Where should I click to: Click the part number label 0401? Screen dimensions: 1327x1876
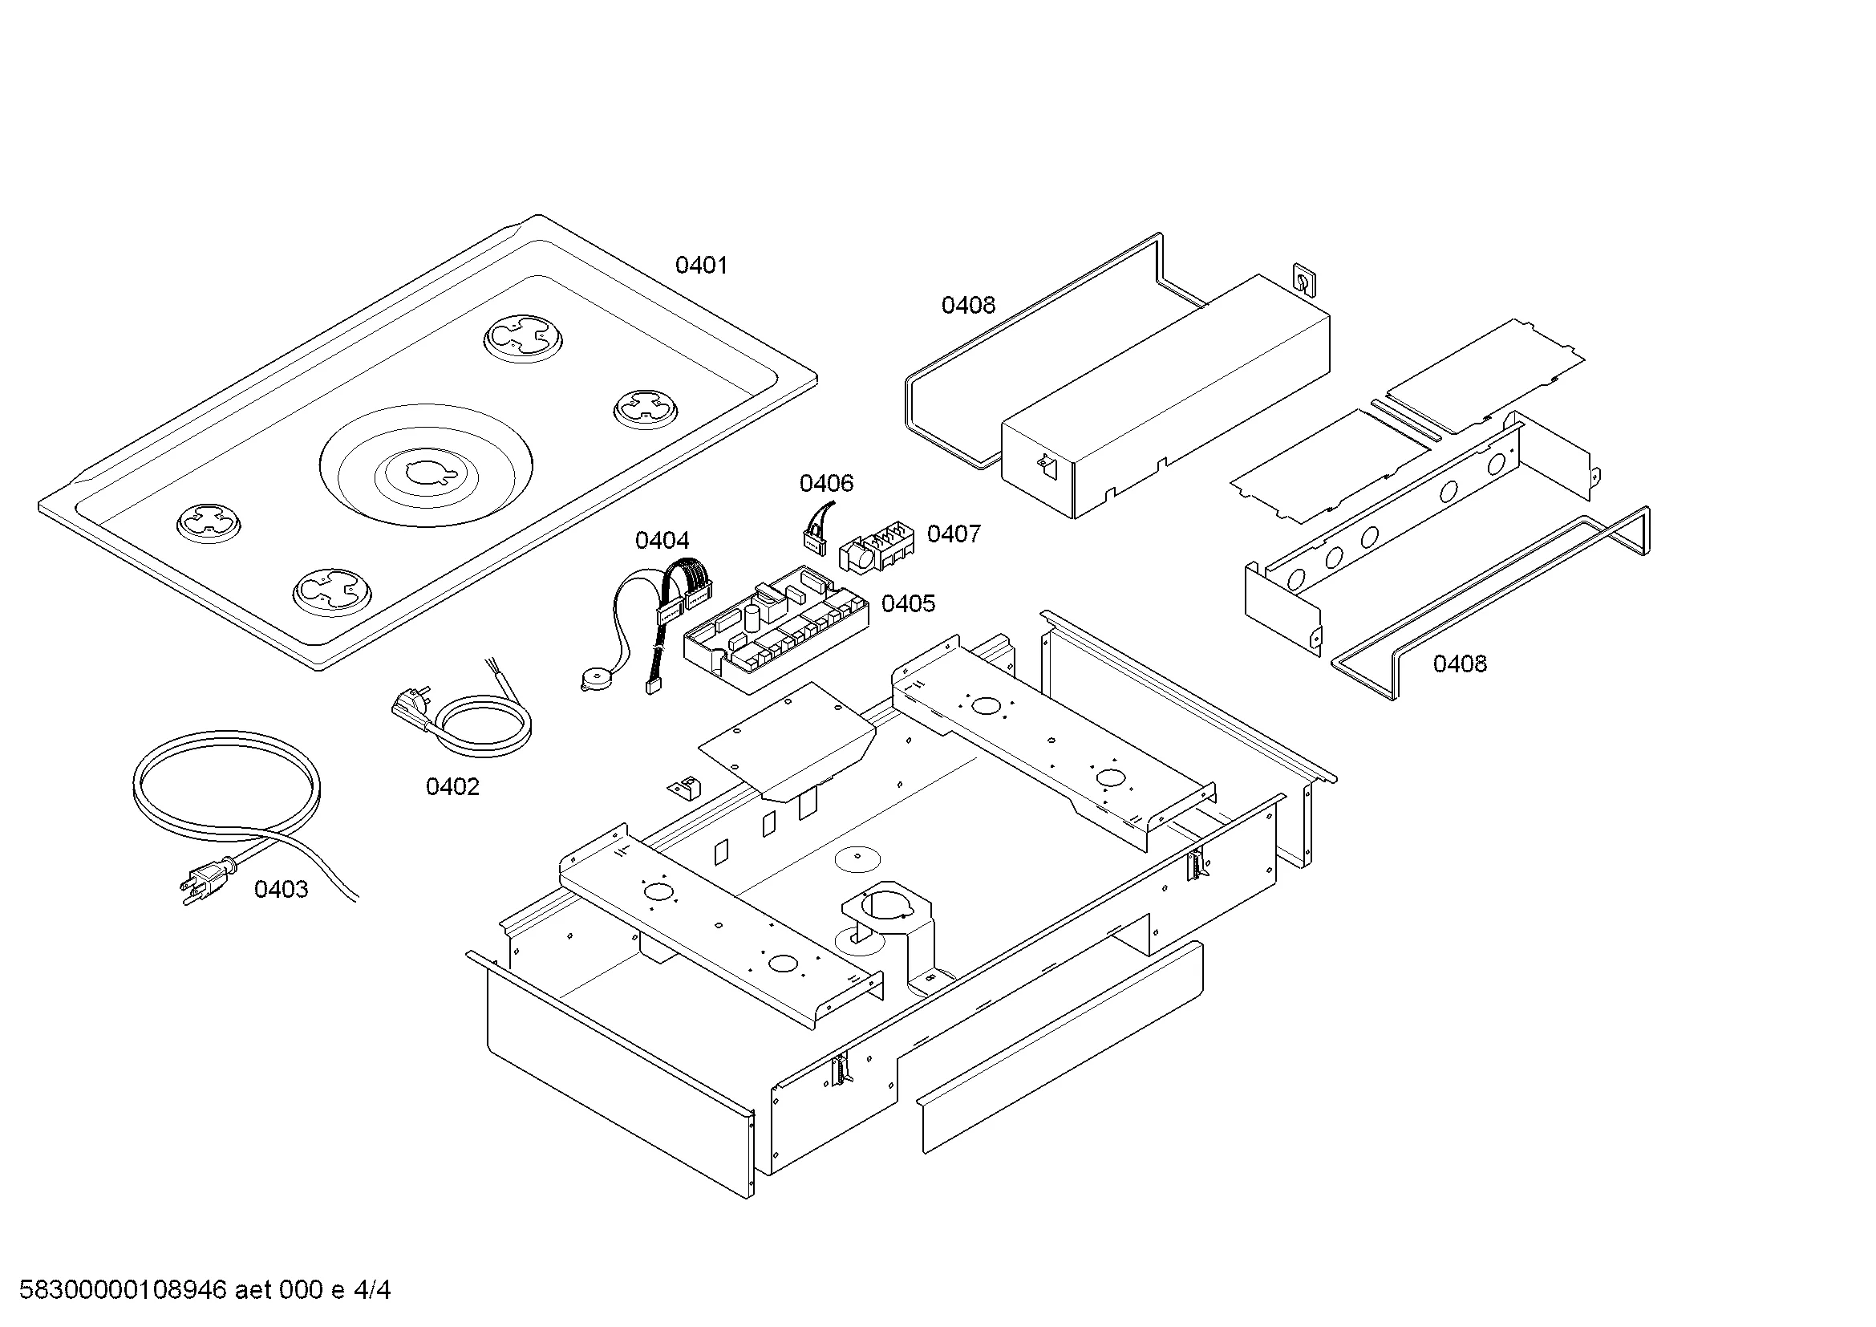click(700, 265)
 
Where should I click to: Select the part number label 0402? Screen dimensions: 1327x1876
click(452, 786)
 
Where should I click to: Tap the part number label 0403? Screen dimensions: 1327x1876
click(281, 889)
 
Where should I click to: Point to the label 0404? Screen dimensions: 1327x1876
click(662, 540)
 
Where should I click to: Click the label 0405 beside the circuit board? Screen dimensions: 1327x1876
click(908, 604)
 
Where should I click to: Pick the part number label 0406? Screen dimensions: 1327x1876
click(826, 483)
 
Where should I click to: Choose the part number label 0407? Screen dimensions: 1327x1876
click(954, 534)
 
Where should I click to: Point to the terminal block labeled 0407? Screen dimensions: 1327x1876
click(876, 550)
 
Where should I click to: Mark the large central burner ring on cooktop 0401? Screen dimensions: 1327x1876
click(426, 467)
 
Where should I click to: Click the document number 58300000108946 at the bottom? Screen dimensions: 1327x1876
click(123, 1290)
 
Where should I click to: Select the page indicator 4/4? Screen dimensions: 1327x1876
click(372, 1290)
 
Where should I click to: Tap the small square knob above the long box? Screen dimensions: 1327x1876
click(1303, 280)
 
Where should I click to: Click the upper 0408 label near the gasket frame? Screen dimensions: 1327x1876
click(968, 305)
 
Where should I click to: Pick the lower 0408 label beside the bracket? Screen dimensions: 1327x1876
click(1459, 663)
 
